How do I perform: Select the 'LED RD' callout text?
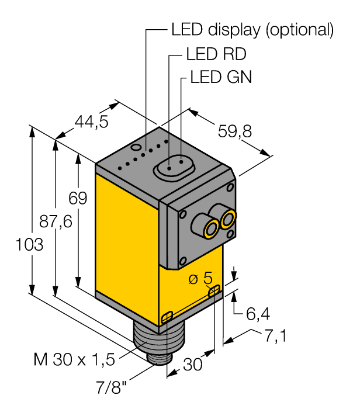pos(216,54)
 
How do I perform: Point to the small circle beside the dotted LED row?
pos(136,148)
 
